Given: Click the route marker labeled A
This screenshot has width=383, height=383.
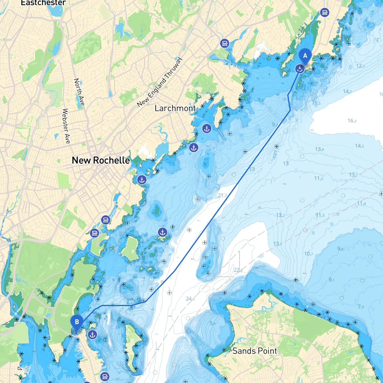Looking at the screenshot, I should click(305, 56).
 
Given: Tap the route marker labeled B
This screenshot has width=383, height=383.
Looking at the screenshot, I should click(77, 322).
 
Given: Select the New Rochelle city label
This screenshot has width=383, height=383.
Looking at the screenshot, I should click(101, 160).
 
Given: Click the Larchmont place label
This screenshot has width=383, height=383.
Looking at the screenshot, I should click(175, 108).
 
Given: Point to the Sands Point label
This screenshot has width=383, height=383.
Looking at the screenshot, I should click(255, 351).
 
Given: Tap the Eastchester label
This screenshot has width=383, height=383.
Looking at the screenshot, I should click(43, 3).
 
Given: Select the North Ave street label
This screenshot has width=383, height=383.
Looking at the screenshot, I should click(79, 92).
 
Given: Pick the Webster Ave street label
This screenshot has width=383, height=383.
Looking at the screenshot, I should click(66, 126).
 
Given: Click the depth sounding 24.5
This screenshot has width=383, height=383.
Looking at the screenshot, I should click(190, 299).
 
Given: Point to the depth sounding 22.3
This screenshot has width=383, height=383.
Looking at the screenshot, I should click(238, 270).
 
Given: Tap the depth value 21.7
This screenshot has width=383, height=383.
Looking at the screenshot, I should click(222, 195).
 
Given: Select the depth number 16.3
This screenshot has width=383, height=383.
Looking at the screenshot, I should click(352, 121).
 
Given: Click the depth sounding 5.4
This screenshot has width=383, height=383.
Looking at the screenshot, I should click(212, 323).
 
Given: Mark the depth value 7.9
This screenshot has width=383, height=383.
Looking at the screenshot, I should click(361, 307).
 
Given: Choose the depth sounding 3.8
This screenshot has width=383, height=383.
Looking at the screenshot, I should click(261, 100).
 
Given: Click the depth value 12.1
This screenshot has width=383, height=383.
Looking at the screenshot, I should click(360, 66).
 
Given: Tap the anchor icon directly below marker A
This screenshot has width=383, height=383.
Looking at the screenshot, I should click(300, 69).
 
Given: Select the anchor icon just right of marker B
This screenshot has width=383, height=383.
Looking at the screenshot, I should click(92, 335).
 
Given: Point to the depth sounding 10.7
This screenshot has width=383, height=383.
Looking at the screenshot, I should click(308, 254).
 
